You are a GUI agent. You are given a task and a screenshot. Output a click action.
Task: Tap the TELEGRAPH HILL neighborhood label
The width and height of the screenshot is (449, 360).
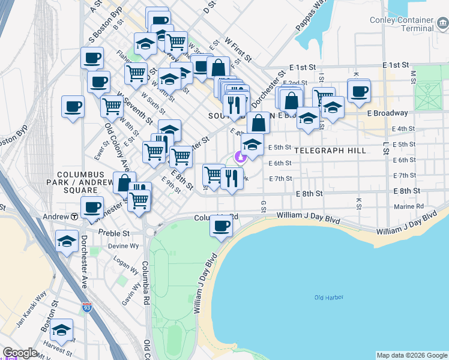point(330,151)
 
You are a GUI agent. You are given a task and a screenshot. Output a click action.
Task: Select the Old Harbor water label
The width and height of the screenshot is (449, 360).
point(327,298)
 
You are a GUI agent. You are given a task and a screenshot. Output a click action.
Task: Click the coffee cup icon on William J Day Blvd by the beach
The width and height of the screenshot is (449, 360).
point(221,226)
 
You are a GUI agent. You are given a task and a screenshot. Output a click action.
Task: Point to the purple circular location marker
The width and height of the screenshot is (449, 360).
point(240,157)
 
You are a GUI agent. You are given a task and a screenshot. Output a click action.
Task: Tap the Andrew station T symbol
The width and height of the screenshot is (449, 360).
point(74,216)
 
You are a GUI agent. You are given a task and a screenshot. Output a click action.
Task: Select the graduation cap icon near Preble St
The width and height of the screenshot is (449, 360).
point(66,241)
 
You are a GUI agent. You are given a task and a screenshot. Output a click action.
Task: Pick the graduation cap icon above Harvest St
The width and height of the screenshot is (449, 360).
point(61,331)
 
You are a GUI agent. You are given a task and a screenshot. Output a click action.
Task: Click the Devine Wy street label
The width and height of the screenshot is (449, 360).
point(123,246)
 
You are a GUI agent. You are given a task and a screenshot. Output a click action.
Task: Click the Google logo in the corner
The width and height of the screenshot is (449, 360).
point(20,353)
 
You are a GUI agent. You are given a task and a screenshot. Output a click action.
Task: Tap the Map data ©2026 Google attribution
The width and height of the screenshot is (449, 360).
point(412,355)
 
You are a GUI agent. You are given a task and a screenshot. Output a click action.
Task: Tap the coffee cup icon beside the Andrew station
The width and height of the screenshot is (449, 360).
point(91,208)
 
